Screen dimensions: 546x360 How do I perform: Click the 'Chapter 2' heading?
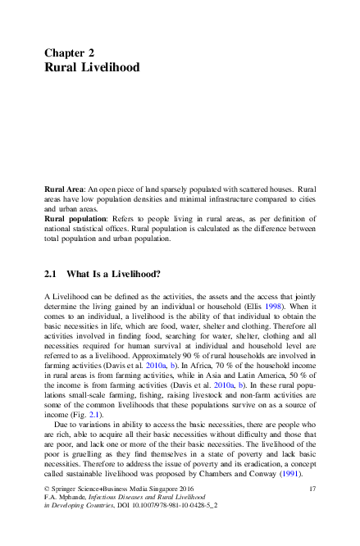(75, 51)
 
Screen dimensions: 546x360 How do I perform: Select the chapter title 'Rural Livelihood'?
(91, 66)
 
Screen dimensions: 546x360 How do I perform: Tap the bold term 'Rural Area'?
(64, 189)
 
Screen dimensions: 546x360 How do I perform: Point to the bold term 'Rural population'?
(74, 219)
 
